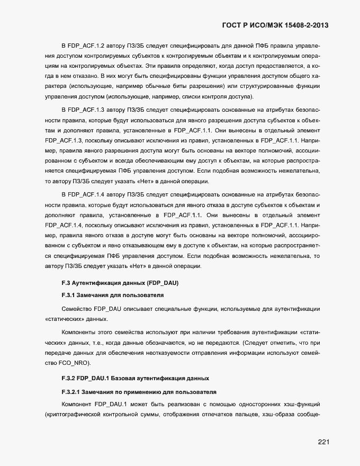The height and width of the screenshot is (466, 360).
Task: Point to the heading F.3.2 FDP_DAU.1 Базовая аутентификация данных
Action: click(x=136, y=379)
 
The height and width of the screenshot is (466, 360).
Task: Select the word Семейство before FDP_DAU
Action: click(x=77, y=308)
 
